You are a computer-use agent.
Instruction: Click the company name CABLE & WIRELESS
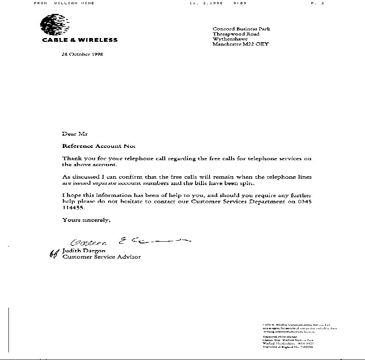point(80,40)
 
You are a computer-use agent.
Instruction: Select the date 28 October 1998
point(82,54)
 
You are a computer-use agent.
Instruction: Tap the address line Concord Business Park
point(241,29)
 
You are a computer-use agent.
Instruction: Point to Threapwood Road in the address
point(236,34)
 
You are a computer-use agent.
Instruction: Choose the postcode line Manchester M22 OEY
point(240,44)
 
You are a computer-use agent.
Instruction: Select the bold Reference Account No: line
point(99,146)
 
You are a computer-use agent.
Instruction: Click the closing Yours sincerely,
point(87,220)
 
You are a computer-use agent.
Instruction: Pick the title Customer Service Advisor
point(101,256)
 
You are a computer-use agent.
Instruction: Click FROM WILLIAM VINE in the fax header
point(64,3)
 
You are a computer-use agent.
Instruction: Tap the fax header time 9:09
point(240,3)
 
